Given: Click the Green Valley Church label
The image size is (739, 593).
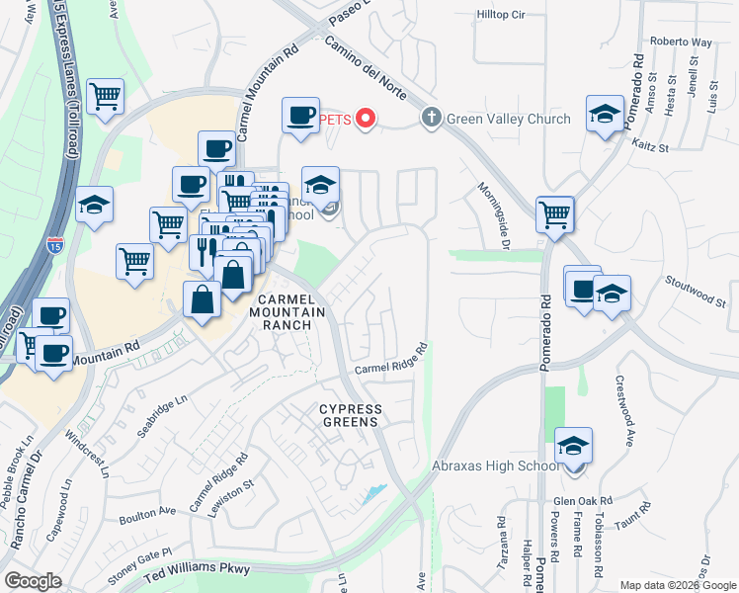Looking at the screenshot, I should click(509, 119).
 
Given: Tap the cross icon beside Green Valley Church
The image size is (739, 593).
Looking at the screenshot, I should click(431, 119).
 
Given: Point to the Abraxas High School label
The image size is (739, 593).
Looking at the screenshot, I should click(495, 466).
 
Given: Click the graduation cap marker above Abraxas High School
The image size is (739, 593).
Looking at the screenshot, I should click(573, 446).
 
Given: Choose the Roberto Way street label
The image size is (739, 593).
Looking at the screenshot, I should click(681, 42).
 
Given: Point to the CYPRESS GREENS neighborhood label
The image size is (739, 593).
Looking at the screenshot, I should click(348, 415).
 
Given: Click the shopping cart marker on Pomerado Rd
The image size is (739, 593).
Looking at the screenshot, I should click(555, 212).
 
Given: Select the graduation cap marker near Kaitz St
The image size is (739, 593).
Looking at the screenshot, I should click(605, 114).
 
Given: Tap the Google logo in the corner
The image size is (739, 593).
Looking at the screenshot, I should click(33, 580).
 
